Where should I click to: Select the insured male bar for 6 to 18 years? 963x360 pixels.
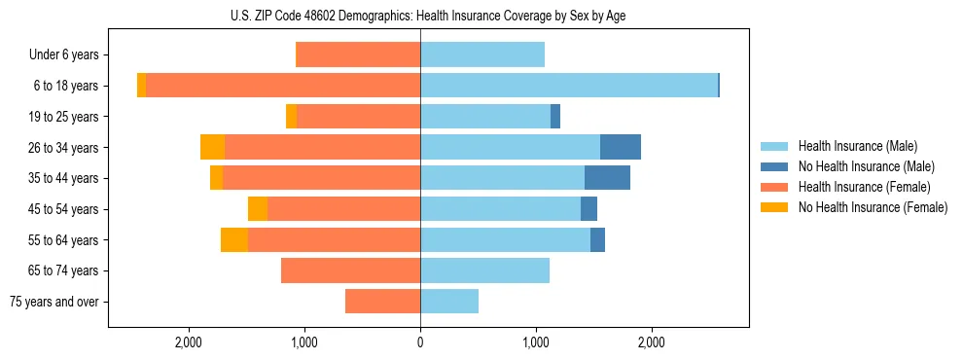569,86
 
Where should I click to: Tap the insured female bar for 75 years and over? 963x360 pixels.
382,302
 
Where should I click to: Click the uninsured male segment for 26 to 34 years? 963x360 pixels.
620,147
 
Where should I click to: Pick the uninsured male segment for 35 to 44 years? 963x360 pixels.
607,178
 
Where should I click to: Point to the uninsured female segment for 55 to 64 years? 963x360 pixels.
233,240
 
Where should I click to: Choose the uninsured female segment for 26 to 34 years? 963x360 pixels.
212,147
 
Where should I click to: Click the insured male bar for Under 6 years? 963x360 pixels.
482,54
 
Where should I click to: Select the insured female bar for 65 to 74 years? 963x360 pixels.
350,270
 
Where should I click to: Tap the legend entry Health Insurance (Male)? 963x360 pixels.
857,146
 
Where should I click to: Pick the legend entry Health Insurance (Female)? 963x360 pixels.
864,187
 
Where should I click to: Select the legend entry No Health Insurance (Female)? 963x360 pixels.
873,207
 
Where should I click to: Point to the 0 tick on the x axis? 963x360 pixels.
420,342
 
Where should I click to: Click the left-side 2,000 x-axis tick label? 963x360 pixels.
189,342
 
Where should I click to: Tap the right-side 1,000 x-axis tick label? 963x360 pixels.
536,342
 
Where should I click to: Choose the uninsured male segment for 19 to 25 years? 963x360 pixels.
555,117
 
